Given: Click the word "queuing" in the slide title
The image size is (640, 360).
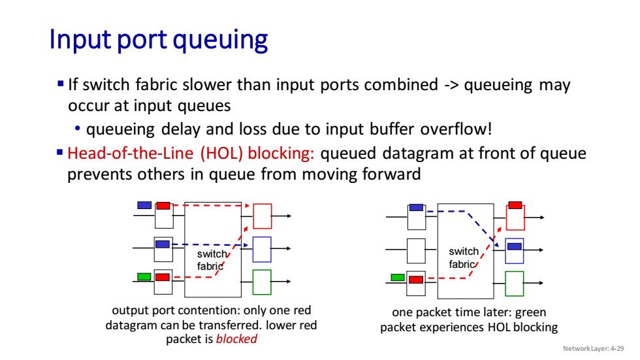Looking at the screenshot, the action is pyautogui.click(x=221, y=41).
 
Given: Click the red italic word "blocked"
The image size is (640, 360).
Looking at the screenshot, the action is pyautogui.click(x=236, y=339).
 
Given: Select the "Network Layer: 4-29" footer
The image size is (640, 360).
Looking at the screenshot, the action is pyautogui.click(x=593, y=349).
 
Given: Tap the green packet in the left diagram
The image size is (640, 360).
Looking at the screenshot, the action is pyautogui.click(x=144, y=277).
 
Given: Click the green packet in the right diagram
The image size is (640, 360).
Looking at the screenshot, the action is pyautogui.click(x=398, y=278).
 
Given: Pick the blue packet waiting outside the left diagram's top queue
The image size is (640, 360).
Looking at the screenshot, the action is pyautogui.click(x=144, y=205).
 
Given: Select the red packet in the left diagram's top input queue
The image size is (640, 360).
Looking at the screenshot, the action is pyautogui.click(x=163, y=206).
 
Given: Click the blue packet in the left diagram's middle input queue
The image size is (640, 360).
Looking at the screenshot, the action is pyautogui.click(x=163, y=244).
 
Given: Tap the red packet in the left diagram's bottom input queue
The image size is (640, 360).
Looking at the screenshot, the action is pyautogui.click(x=163, y=277).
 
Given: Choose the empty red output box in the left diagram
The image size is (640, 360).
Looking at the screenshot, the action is pyautogui.click(x=262, y=216).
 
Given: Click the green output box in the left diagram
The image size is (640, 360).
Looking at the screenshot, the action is pyautogui.click(x=262, y=282).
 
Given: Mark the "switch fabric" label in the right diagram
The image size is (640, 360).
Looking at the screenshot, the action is pyautogui.click(x=463, y=257).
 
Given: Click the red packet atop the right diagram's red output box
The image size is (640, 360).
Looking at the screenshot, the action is pyautogui.click(x=515, y=205).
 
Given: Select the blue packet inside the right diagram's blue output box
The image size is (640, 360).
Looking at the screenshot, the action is pyautogui.click(x=515, y=246).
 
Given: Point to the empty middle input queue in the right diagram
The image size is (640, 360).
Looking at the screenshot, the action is pyautogui.click(x=417, y=251).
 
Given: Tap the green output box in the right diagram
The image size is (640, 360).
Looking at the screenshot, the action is pyautogui.click(x=515, y=284).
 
